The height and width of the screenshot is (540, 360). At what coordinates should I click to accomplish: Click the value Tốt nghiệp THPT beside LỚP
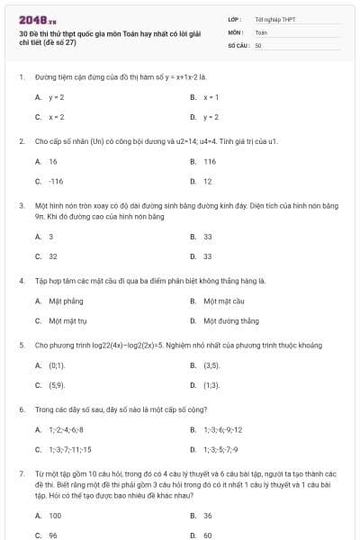pos(274,19)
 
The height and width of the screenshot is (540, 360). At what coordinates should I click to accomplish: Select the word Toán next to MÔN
pos(261,31)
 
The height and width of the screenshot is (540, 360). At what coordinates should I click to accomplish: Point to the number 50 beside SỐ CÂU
pos(258,44)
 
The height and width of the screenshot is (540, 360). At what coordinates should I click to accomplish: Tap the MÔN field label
pos(236,31)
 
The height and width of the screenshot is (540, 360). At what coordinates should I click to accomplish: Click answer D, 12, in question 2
pos(207,181)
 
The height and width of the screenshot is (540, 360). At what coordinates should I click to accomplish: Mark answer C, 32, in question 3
pos(52,256)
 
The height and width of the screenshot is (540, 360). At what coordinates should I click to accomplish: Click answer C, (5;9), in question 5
pos(56,385)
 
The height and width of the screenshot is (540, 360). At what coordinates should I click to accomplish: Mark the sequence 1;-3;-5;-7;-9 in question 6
pos(220,449)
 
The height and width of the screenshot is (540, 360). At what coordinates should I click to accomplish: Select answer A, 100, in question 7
pos(55,515)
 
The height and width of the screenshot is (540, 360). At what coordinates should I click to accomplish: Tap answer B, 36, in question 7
pos(207,515)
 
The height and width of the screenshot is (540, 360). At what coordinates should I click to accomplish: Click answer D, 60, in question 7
pos(207,535)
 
